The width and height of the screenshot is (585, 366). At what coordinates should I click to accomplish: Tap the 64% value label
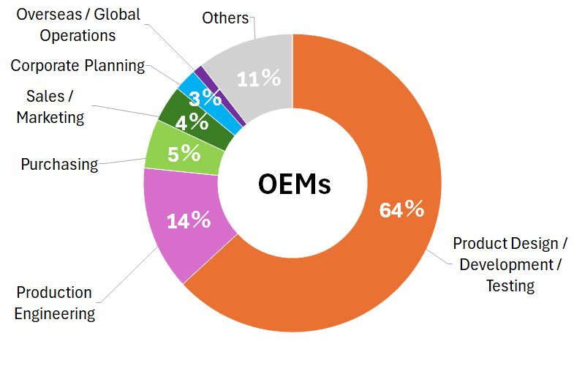(401, 210)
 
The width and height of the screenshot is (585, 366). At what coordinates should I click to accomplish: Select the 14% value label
(189, 220)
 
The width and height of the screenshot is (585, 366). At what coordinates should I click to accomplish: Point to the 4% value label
(192, 121)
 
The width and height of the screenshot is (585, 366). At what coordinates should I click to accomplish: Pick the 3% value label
(211, 98)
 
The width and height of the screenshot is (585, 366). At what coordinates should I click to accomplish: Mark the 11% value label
(259, 78)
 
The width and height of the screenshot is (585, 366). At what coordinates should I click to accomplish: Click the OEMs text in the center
(294, 184)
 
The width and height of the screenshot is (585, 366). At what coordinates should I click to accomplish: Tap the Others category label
(225, 18)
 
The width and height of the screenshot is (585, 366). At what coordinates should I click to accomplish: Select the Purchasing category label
(59, 164)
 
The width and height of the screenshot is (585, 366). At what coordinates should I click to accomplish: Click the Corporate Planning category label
(78, 65)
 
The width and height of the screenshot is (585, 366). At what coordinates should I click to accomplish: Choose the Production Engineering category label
(55, 303)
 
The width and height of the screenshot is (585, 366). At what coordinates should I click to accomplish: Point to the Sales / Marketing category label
(50, 106)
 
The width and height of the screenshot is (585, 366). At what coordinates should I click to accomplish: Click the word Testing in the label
(510, 285)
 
